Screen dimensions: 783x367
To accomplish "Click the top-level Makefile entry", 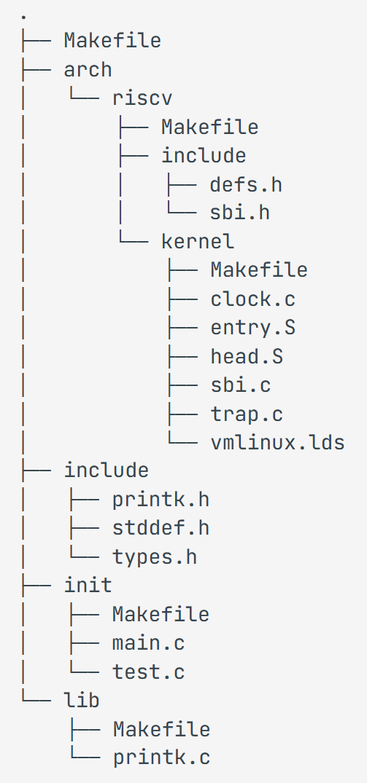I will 112,40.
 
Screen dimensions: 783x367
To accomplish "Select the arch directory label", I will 88,69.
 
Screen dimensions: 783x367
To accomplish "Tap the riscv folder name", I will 136,98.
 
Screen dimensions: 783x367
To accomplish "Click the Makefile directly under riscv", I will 209,127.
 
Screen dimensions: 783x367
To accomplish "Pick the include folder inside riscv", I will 204,155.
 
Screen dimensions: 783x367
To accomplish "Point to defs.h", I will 246,184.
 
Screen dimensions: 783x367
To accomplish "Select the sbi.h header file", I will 240,213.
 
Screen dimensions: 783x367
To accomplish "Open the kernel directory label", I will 198,241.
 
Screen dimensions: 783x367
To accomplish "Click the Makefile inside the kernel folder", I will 259,270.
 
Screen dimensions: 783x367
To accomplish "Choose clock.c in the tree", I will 252,299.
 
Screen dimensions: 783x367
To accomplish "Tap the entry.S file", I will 252,328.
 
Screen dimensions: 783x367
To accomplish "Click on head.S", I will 247,356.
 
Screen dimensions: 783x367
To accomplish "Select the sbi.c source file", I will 241,385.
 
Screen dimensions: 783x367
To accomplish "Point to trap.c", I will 247,414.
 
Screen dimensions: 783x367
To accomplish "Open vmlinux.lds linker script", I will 277,442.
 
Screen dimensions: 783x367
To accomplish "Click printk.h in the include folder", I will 161,500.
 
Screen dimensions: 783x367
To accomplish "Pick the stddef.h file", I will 161,528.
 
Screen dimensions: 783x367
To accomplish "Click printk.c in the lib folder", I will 161,758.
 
